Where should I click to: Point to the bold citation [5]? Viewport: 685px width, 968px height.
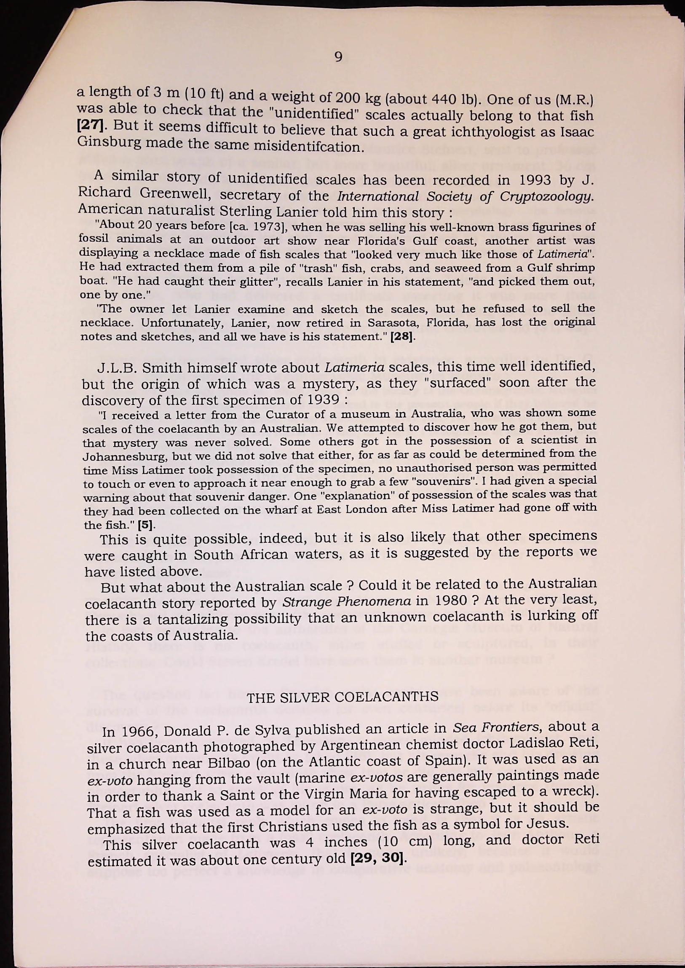tap(150, 526)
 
